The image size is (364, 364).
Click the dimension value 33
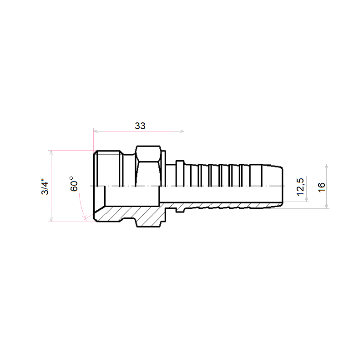(140, 126)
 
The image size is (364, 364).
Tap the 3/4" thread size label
(45, 187)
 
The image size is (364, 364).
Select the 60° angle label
(74, 184)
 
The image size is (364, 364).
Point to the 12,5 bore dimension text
(300, 187)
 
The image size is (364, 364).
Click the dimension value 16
(322, 187)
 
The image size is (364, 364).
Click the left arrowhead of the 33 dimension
(96, 131)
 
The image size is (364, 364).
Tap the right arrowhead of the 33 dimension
(182, 131)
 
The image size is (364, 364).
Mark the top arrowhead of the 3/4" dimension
(51, 153)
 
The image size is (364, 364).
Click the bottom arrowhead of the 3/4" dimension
(51, 219)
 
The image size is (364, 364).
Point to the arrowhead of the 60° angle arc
(85, 218)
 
